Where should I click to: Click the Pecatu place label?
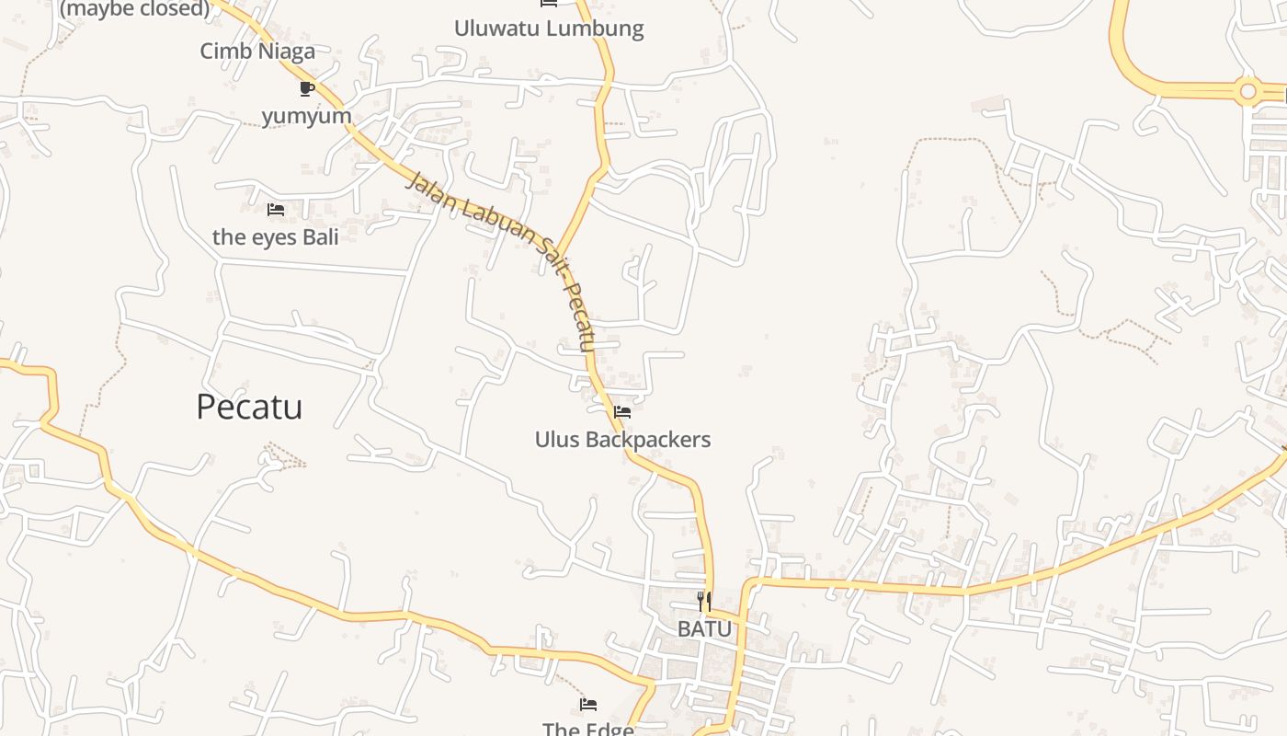coord(249,407)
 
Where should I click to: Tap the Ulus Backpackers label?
coord(622,440)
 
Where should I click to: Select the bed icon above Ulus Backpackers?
coord(622,411)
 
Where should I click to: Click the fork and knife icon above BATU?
coord(704,602)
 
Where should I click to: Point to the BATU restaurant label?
coord(705,629)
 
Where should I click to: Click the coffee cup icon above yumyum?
coord(307,88)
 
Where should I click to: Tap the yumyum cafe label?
coord(307,116)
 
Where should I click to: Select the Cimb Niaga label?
coord(257,51)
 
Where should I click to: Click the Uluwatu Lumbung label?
coord(549,28)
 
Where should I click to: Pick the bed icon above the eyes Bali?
coord(275,210)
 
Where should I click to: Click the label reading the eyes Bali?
coord(276,236)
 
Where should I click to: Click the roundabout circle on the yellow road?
coord(1247,91)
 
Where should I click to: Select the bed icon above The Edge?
coord(588,705)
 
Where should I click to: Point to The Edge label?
coord(588,729)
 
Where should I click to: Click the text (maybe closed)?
coord(134,9)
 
